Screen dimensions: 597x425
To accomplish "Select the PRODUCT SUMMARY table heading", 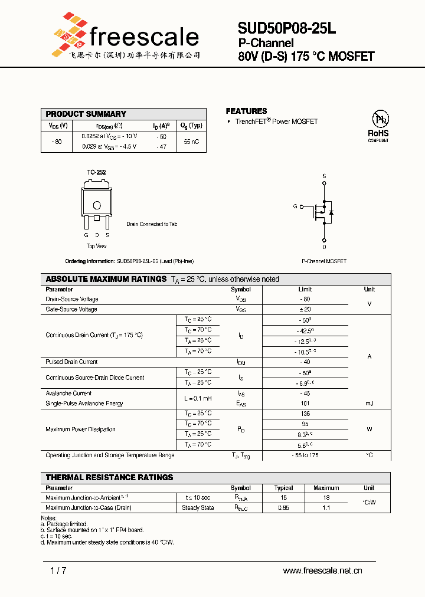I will [86, 114].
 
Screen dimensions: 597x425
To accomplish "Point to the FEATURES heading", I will [246, 111].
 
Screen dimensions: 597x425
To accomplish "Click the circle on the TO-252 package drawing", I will [96, 205].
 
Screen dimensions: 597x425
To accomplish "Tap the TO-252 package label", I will [96, 172].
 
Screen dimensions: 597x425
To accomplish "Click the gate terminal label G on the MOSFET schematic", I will [295, 206].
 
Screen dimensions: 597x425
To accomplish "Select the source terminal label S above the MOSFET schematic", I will [324, 176].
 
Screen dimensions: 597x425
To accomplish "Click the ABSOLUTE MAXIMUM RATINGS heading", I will [106, 279].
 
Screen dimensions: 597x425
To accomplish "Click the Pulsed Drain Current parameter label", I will [71, 362].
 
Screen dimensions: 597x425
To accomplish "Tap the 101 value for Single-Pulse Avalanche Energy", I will [305, 404].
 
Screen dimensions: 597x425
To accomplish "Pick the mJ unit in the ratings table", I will [369, 404].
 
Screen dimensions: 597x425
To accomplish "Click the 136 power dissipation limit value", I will [305, 414].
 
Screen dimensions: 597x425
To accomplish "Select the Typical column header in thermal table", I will [283, 488].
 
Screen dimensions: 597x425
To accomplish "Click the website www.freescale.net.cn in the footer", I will [322, 570].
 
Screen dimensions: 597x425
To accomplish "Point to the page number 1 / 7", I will [58, 570].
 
